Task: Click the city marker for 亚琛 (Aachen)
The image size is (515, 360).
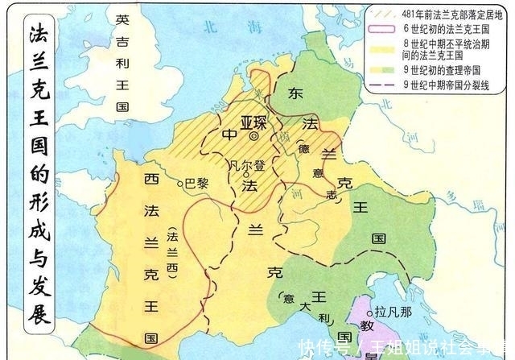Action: coord(254,136)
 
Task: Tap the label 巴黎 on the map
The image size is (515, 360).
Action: coord(197,183)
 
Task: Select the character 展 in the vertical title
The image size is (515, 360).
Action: coord(38,312)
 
